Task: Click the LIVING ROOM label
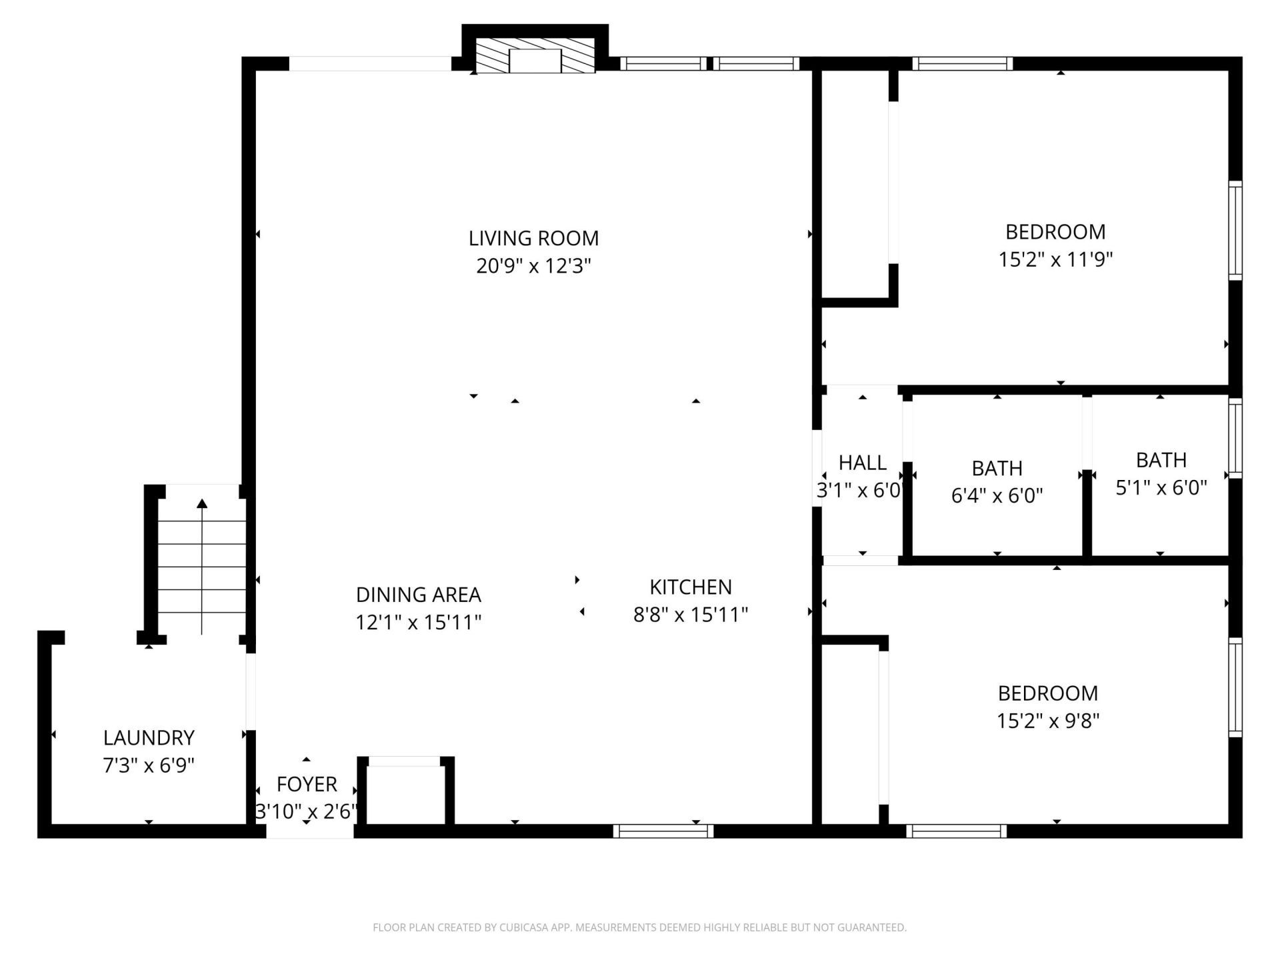[533, 238]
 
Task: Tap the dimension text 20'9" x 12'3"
[533, 266]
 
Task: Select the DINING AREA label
[418, 595]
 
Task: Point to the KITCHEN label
[691, 587]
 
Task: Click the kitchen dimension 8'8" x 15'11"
[691, 615]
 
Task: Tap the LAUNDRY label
[149, 737]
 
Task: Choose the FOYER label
[307, 784]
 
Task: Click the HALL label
[862, 463]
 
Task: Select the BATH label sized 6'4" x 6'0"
[997, 468]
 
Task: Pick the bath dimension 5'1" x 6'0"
[1161, 488]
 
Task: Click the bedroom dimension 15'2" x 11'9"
[1055, 259]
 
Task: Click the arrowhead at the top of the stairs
[202, 503]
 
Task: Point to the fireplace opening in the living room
[535, 61]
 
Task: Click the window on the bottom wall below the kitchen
[663, 831]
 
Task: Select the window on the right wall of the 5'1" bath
[1235, 438]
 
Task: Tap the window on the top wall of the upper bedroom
[963, 63]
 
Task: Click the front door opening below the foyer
[310, 831]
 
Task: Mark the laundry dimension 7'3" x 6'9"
[149, 765]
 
